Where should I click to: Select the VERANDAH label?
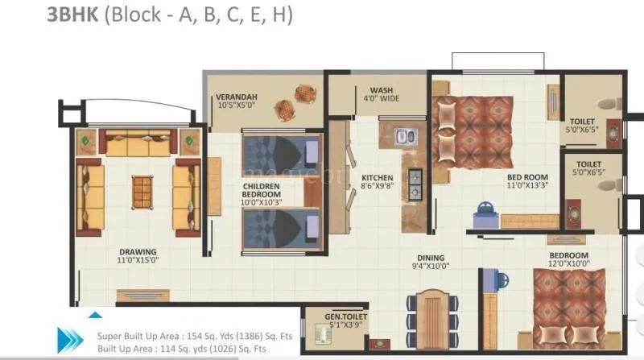tap(237, 97)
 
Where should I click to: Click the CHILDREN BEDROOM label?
tap(262, 190)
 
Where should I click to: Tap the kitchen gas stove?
tap(416, 184)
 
